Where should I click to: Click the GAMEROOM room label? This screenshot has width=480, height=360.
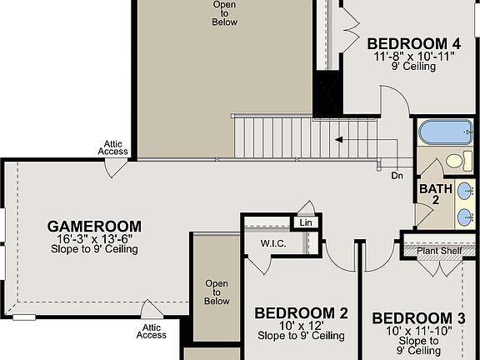(x=94, y=226)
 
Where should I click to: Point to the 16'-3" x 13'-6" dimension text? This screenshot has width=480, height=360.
(x=94, y=238)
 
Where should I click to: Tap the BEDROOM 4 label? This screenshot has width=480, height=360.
(x=413, y=44)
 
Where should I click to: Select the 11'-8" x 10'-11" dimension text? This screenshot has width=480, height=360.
(x=413, y=56)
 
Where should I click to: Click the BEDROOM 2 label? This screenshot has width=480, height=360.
(x=301, y=313)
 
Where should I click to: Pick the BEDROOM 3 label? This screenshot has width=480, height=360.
(x=418, y=318)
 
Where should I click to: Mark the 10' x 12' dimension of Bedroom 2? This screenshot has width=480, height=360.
(x=301, y=326)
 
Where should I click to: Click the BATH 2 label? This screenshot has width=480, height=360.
(x=436, y=195)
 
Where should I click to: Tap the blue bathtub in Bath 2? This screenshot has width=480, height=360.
(x=444, y=132)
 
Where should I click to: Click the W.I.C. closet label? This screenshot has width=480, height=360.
(x=273, y=244)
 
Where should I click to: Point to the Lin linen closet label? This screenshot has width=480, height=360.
(x=305, y=223)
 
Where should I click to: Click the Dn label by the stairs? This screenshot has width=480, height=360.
(x=398, y=176)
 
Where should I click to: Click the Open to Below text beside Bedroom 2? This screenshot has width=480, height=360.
(x=217, y=292)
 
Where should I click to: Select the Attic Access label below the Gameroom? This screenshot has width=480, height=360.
(x=152, y=331)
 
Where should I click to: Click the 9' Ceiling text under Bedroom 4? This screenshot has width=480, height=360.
(x=413, y=67)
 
